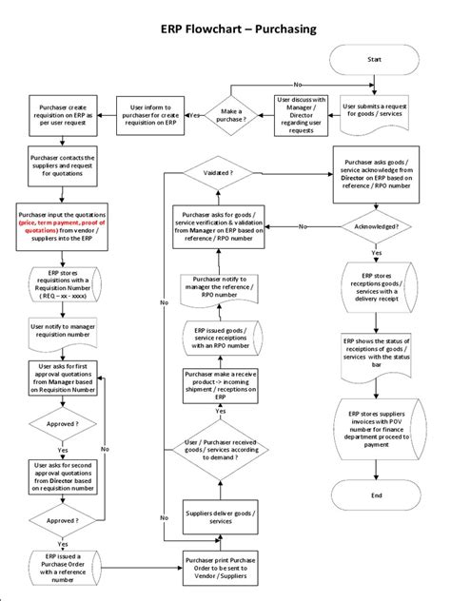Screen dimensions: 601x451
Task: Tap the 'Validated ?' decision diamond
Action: tap(220, 173)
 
